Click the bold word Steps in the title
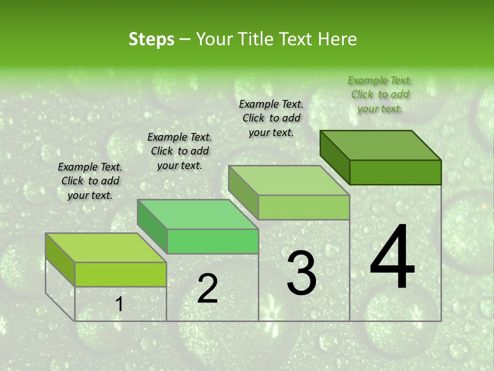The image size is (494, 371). click(x=151, y=40)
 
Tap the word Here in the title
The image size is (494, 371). click(x=337, y=40)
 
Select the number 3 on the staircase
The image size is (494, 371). click(x=302, y=273)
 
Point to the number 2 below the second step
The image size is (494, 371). click(x=207, y=289)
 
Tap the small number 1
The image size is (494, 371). click(x=119, y=305)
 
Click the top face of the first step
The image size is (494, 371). click(x=105, y=248)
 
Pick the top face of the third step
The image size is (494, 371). click(x=289, y=180)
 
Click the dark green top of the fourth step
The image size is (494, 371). click(x=381, y=145)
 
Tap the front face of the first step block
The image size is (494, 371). click(x=120, y=274)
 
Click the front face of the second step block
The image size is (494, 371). click(x=213, y=241)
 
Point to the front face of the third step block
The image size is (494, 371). click(x=304, y=207)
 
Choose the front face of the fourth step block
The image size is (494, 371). click(x=395, y=172)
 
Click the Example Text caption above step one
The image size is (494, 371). click(x=90, y=181)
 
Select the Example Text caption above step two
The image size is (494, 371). click(x=180, y=151)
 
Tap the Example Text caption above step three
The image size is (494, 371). click(x=271, y=118)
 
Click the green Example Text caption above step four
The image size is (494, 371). click(x=380, y=94)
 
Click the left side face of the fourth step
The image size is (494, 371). click(x=335, y=157)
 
